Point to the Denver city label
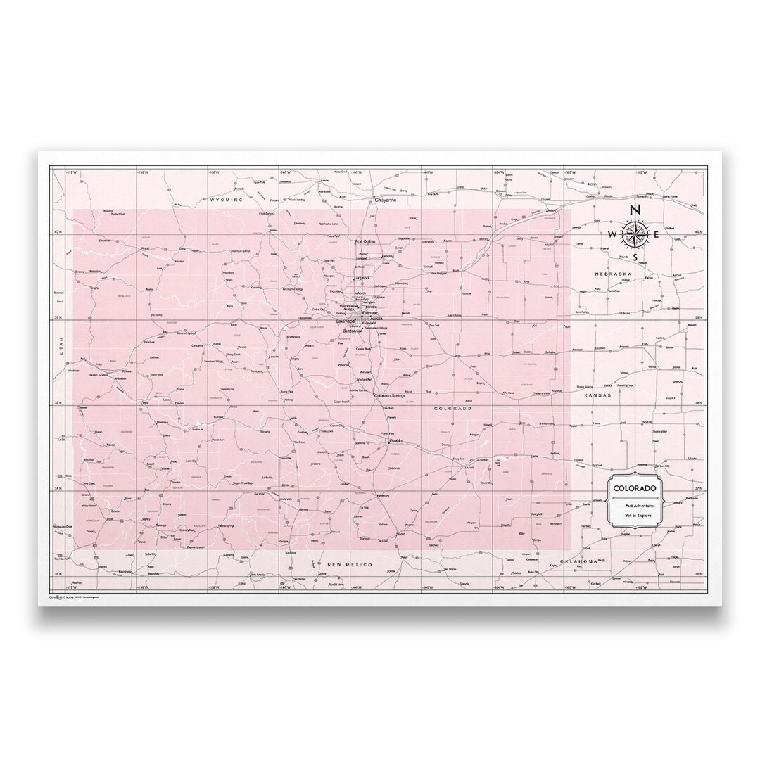click(x=370, y=312)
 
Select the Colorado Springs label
click(x=393, y=395)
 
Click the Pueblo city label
click(x=394, y=442)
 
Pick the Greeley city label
click(x=388, y=257)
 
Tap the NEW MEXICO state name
click(x=350, y=565)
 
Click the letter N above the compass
click(x=634, y=210)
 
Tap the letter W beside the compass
click(x=612, y=234)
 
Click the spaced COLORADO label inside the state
click(x=452, y=408)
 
